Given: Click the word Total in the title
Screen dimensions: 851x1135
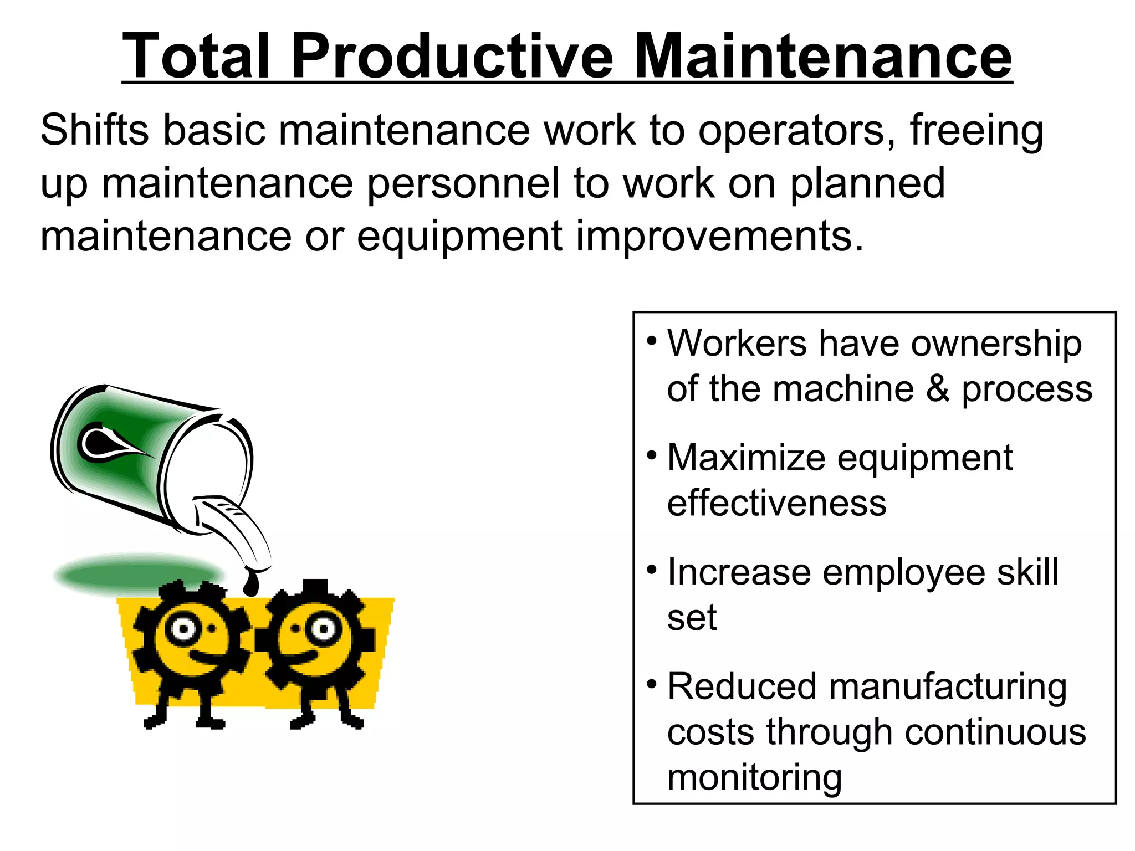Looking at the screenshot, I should (196, 56).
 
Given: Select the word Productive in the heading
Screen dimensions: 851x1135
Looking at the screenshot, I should (452, 56).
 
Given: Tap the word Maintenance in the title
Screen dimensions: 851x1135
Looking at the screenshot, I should (822, 56).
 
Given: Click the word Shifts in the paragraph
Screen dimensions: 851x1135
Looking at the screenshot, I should (95, 131).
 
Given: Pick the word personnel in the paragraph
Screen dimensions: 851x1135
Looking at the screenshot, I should (463, 184).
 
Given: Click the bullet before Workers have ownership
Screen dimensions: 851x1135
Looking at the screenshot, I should (652, 340).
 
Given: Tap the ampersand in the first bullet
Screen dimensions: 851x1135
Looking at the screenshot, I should (938, 388).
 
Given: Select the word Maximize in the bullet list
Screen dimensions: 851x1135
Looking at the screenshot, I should (746, 458).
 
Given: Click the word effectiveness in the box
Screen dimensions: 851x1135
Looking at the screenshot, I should (776, 503).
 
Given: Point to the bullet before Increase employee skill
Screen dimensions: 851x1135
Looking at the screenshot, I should (652, 569).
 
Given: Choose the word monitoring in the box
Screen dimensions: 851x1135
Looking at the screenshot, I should (754, 778).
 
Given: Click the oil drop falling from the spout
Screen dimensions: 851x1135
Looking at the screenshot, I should (251, 583).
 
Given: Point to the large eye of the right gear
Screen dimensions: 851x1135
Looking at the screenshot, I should (323, 629).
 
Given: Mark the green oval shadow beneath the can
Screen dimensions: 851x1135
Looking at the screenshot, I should (139, 573).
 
